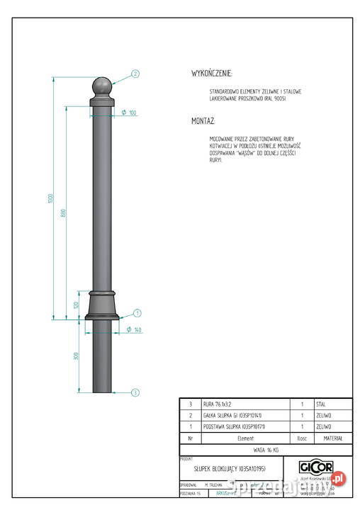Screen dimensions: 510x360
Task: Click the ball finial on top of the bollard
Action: coord(102,88)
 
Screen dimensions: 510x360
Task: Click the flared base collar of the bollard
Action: coord(102,306)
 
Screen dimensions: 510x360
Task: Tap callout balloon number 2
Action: coord(135,73)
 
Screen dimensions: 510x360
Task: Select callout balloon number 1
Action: coord(137,312)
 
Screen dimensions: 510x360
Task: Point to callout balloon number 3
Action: coord(135,391)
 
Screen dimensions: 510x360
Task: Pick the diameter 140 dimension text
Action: coord(134,329)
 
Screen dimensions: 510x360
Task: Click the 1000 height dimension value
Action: coord(51,198)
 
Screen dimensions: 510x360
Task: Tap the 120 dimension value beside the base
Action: coord(76,305)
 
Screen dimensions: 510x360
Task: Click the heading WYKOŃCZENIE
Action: coord(212,73)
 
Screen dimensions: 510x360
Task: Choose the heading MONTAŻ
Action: coord(203,121)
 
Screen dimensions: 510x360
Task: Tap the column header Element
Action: coord(241,438)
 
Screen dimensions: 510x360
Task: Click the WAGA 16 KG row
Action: coord(266,450)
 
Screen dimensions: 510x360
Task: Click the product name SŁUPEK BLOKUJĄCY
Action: coord(220,469)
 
